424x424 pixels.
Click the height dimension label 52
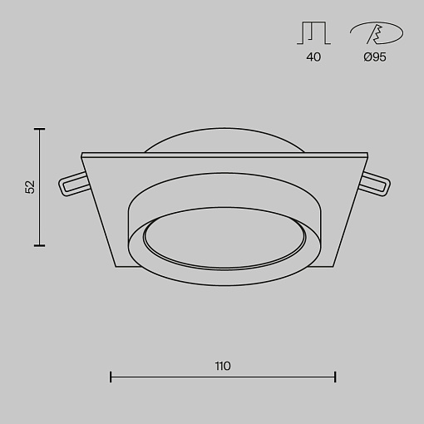click(x=30, y=187)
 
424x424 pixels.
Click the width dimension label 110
click(x=223, y=366)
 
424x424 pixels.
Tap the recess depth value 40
click(x=313, y=57)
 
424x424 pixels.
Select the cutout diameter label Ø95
click(x=375, y=57)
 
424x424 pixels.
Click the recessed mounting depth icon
click(x=313, y=33)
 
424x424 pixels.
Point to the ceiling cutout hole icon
click(x=377, y=33)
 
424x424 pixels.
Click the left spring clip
click(x=73, y=184)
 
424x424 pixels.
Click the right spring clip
click(x=375, y=184)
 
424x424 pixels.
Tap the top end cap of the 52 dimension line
click(x=39, y=129)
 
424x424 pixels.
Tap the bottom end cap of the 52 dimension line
click(x=39, y=245)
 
